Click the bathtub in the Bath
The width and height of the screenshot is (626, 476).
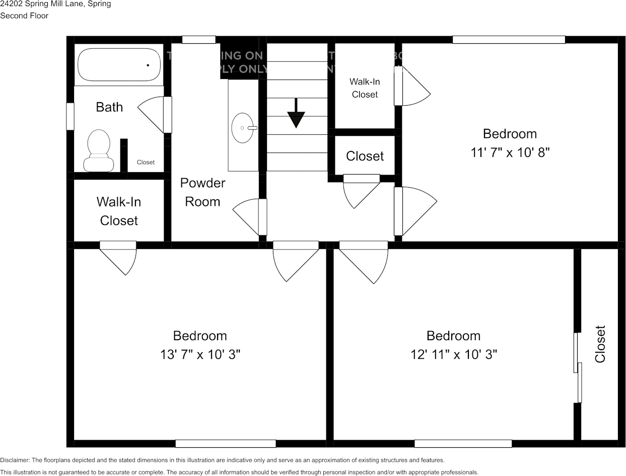pos(119,64)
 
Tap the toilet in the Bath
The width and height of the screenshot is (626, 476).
pos(99,150)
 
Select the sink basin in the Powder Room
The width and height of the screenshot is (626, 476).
pos(243,128)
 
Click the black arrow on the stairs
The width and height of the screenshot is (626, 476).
pos(296,113)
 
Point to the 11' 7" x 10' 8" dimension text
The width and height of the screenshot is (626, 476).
pos(510,152)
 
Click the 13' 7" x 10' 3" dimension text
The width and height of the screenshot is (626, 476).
pos(200,354)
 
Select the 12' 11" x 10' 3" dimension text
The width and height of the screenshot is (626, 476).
pos(453,354)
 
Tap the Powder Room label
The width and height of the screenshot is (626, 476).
pos(202,192)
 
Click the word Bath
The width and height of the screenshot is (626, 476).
pos(109,107)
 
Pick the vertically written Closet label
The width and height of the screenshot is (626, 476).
pos(600,344)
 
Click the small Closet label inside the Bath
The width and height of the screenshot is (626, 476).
pos(146,162)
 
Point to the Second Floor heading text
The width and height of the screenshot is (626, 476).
pos(24,16)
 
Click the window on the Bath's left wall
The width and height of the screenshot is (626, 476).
pos(70,116)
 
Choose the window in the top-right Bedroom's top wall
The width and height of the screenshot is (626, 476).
pos(509,40)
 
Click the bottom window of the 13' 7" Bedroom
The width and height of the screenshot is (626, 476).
pos(225,443)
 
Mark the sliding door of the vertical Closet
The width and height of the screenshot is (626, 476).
pos(578,367)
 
